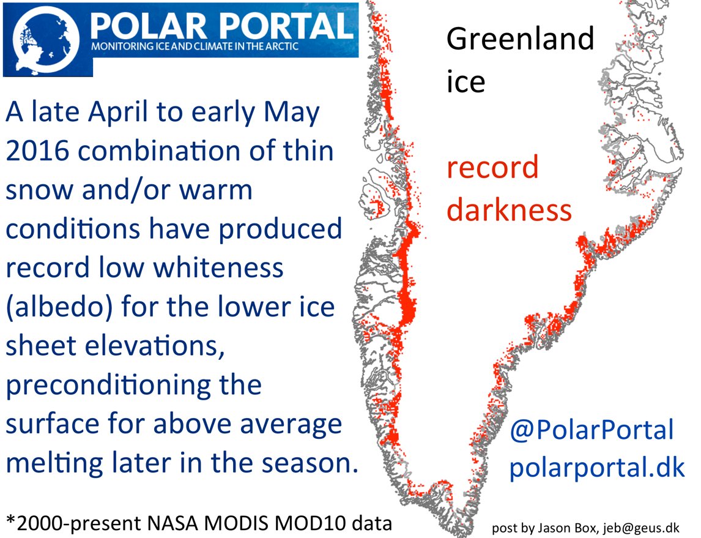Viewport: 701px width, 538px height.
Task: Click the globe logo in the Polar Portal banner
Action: click(46, 40)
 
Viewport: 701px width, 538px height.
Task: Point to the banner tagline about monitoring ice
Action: click(195, 47)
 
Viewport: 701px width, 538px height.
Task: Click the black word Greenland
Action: click(521, 39)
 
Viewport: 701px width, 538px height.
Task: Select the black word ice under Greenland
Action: click(466, 81)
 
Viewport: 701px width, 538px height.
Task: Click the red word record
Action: click(492, 167)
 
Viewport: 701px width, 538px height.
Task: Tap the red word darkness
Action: click(509, 209)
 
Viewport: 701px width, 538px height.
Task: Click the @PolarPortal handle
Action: click(592, 430)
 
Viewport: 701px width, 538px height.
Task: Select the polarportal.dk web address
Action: click(597, 468)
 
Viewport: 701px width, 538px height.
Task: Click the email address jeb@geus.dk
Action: click(641, 528)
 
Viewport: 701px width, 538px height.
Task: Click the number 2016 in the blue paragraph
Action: click(37, 151)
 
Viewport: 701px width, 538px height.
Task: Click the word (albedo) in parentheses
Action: click(59, 307)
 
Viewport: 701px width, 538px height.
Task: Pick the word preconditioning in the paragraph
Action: click(134, 386)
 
